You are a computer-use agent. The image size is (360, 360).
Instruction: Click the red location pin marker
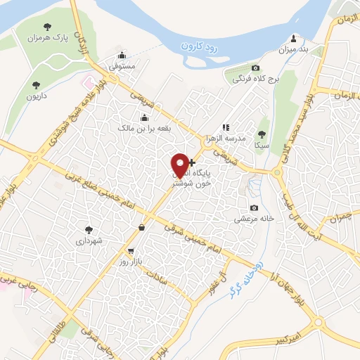tap(181, 165)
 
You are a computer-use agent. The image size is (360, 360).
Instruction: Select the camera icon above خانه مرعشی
tap(254, 207)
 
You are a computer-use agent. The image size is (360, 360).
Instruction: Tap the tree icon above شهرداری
tap(89, 229)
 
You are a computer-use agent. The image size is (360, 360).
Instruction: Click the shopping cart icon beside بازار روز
tap(131, 251)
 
